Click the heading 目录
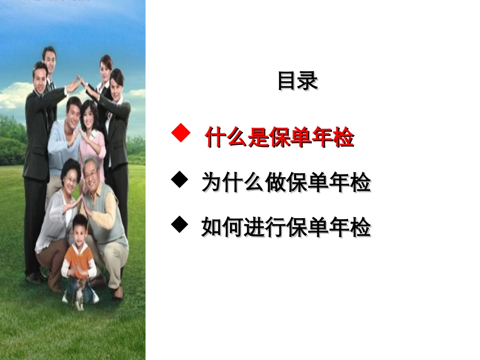point(298,81)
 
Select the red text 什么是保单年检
point(279,137)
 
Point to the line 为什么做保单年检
point(286,182)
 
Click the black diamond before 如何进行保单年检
point(179,224)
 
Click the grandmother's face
point(70,174)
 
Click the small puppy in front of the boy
point(79,299)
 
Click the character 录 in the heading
point(308,81)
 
